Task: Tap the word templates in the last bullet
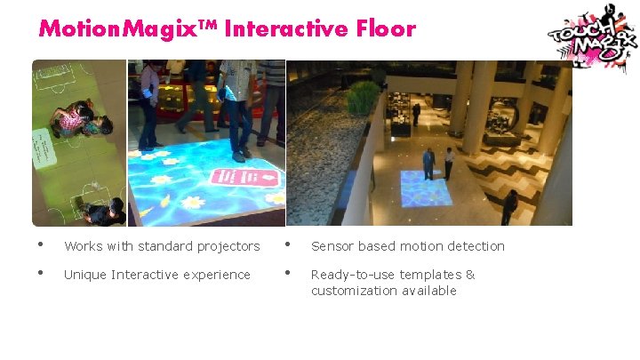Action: pyautogui.click(x=430, y=275)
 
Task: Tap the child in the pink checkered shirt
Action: pyautogui.click(x=76, y=117)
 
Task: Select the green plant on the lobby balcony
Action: pyautogui.click(x=363, y=98)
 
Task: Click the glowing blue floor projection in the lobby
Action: pyautogui.click(x=426, y=188)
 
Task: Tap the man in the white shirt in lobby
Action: pyautogui.click(x=449, y=163)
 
